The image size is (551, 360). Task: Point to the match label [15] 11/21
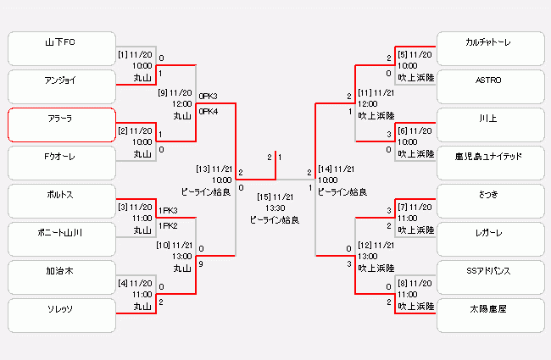coord(275,197)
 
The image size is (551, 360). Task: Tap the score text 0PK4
coord(208,110)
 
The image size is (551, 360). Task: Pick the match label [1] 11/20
coord(135,54)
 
